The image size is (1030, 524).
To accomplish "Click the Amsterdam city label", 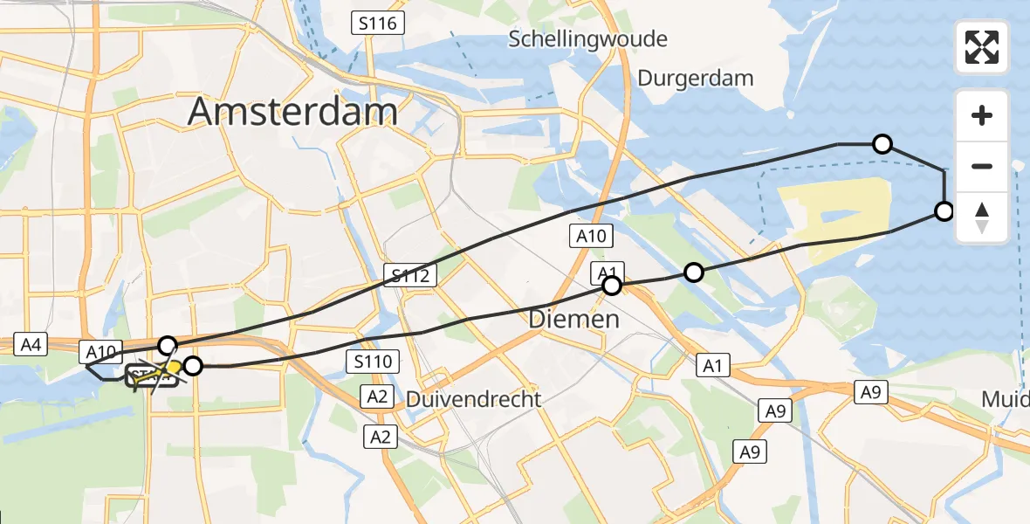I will click(292, 112).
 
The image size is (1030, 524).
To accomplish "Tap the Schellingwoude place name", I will click(588, 38).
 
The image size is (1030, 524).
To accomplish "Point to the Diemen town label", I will click(573, 320).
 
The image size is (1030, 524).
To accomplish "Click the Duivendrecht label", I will click(473, 399).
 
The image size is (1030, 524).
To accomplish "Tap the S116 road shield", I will click(379, 24).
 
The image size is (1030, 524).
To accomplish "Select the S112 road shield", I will click(409, 277).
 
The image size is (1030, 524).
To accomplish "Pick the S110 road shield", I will click(373, 361).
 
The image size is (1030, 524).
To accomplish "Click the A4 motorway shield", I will click(31, 345).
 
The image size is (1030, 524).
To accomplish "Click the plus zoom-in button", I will click(982, 115).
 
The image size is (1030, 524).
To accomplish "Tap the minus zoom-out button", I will click(982, 166).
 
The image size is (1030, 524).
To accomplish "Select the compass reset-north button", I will click(982, 217).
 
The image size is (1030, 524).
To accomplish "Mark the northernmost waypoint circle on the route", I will click(882, 144).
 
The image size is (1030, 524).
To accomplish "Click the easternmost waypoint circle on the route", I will click(944, 210).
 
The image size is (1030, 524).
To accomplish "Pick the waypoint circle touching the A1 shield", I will click(612, 285).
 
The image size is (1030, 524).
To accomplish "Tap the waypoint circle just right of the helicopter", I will click(193, 366).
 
